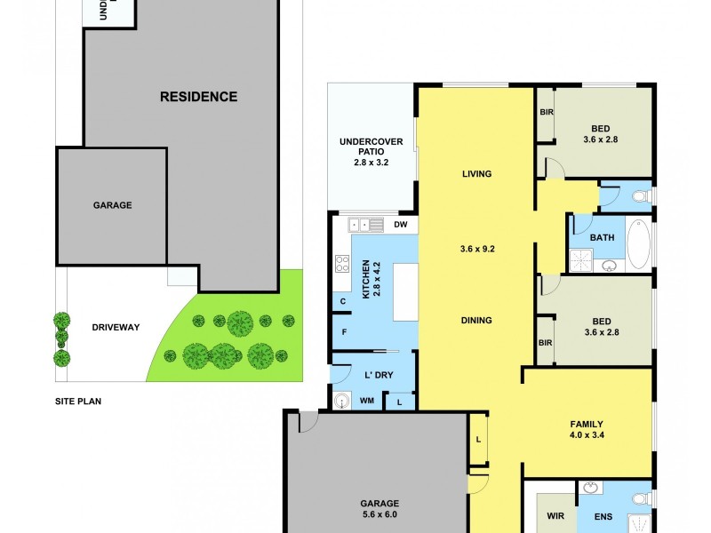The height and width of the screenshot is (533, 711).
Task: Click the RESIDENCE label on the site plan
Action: [x=198, y=97]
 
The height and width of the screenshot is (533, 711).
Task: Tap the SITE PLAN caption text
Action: [x=78, y=402]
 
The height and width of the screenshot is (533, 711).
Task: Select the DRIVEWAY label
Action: [x=116, y=327]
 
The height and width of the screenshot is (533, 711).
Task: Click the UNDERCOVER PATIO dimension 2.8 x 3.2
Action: [x=371, y=163]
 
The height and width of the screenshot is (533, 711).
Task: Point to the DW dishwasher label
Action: [x=400, y=225]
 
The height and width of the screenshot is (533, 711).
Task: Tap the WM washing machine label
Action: [x=366, y=402]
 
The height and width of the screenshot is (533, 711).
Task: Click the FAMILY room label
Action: [x=587, y=424]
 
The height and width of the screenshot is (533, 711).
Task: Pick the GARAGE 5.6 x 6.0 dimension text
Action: [x=379, y=514]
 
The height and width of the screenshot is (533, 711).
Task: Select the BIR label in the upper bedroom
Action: [x=546, y=113]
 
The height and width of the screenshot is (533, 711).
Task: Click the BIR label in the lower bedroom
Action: [x=546, y=342]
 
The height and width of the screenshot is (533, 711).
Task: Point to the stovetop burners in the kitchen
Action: [x=341, y=263]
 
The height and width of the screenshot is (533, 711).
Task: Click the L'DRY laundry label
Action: [x=378, y=375]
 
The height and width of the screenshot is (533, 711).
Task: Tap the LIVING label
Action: [x=476, y=174]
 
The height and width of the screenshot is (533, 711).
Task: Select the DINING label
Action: [x=476, y=320]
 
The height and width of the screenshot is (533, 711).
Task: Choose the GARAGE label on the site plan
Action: [x=112, y=205]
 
